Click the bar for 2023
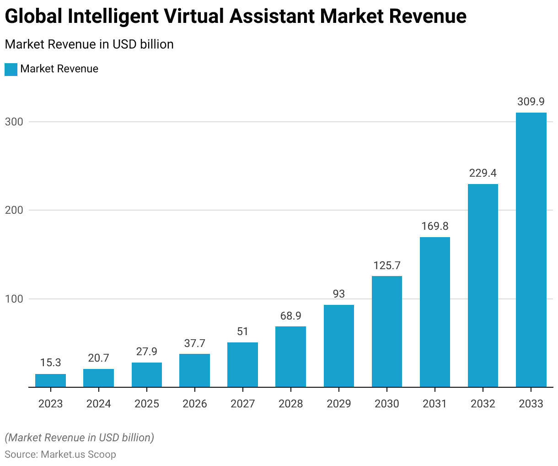[x=50, y=380]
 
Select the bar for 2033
[x=531, y=249]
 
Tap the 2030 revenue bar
[x=387, y=331]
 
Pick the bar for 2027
[x=242, y=364]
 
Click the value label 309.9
[x=531, y=102]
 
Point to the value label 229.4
[x=483, y=173]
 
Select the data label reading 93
[x=339, y=294]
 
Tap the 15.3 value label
[x=50, y=363]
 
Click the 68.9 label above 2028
[x=291, y=316]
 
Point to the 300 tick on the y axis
[x=13, y=122]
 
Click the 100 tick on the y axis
[x=13, y=299]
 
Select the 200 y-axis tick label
[x=13, y=210]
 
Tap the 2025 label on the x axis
[x=147, y=404]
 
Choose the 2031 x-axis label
[x=435, y=404]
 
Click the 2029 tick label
[x=339, y=404]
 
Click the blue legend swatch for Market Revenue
[x=11, y=69]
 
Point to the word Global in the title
[x=33, y=17]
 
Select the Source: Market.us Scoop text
[x=60, y=455]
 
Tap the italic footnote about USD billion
[x=80, y=438]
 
